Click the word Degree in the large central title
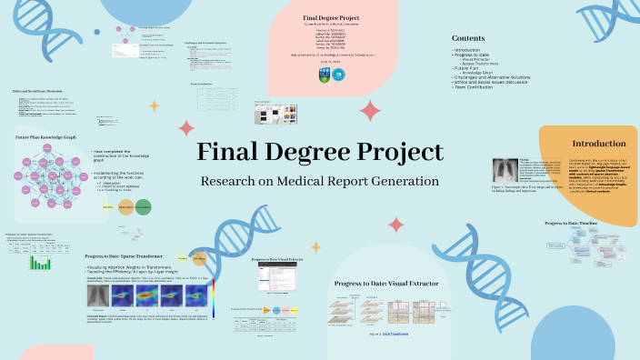(320, 152)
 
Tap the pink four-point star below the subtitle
(395, 225)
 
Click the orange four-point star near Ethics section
(154, 105)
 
